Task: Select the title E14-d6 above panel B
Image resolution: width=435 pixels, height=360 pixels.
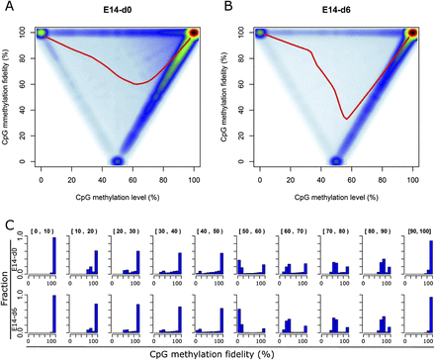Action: pos(337,15)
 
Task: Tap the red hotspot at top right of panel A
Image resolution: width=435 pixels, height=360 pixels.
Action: pos(194,33)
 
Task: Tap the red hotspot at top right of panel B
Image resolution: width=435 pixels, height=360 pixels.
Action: pos(413,33)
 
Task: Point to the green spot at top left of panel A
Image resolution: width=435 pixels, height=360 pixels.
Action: pos(42,33)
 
